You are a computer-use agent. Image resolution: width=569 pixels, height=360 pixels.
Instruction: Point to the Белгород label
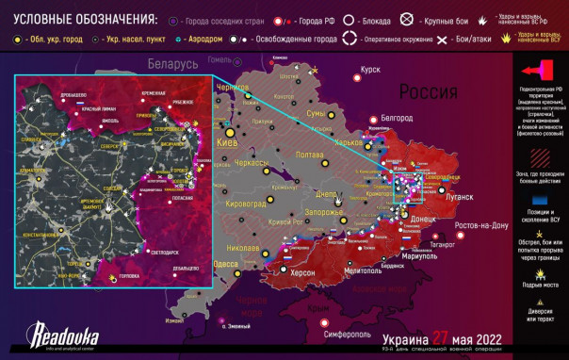397,118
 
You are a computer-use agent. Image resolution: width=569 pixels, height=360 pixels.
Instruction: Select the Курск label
369,69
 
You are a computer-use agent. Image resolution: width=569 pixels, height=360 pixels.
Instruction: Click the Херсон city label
302,271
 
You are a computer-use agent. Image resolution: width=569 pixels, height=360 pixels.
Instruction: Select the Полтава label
310,155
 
